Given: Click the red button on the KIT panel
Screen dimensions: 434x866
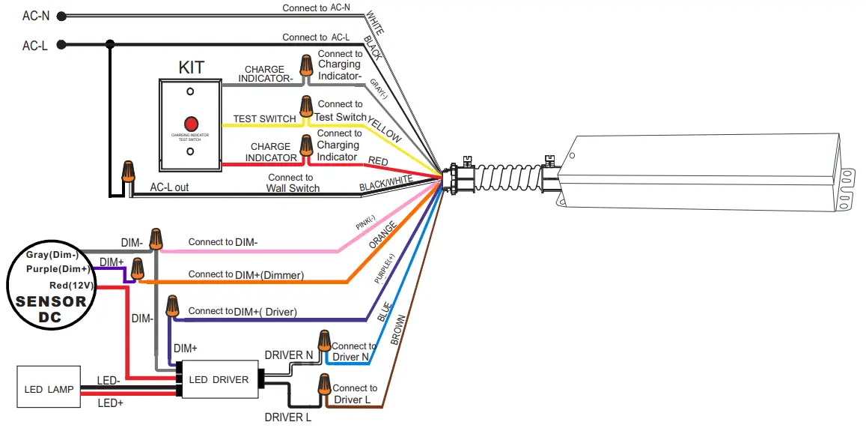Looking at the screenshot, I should [191, 123].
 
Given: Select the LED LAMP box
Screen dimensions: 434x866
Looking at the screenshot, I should [49, 389].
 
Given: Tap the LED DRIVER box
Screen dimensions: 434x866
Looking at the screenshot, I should [219, 380].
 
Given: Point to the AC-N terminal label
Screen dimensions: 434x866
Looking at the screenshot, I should [35, 16].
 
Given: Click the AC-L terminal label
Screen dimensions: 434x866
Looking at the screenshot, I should [35, 45].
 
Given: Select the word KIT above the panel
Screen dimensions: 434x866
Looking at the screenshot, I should [191, 68].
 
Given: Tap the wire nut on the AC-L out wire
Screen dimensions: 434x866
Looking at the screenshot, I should [129, 172].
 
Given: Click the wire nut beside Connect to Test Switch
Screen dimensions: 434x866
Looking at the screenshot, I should [305, 106].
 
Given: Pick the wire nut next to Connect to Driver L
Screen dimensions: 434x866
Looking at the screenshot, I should [325, 385].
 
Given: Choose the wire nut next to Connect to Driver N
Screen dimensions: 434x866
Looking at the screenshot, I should [323, 341].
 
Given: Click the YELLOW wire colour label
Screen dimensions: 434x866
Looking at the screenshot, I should [385, 129].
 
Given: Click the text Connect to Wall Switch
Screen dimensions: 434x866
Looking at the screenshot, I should [293, 183].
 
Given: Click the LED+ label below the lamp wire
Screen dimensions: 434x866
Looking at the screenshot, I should [110, 403].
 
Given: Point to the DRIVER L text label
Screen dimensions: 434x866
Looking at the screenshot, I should [287, 417].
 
